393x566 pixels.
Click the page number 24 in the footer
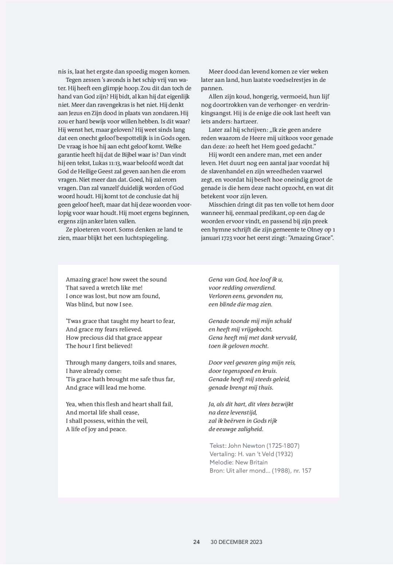point(196,542)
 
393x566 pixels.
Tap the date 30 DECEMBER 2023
point(237,542)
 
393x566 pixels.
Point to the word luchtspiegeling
point(147,238)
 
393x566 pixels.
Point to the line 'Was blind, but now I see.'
point(99,304)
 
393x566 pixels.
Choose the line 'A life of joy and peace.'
point(96,429)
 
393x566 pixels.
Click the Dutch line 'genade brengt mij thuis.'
point(241,388)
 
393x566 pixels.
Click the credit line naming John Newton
point(254,446)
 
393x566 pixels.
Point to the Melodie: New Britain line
point(238,462)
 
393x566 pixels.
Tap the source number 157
point(306,471)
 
